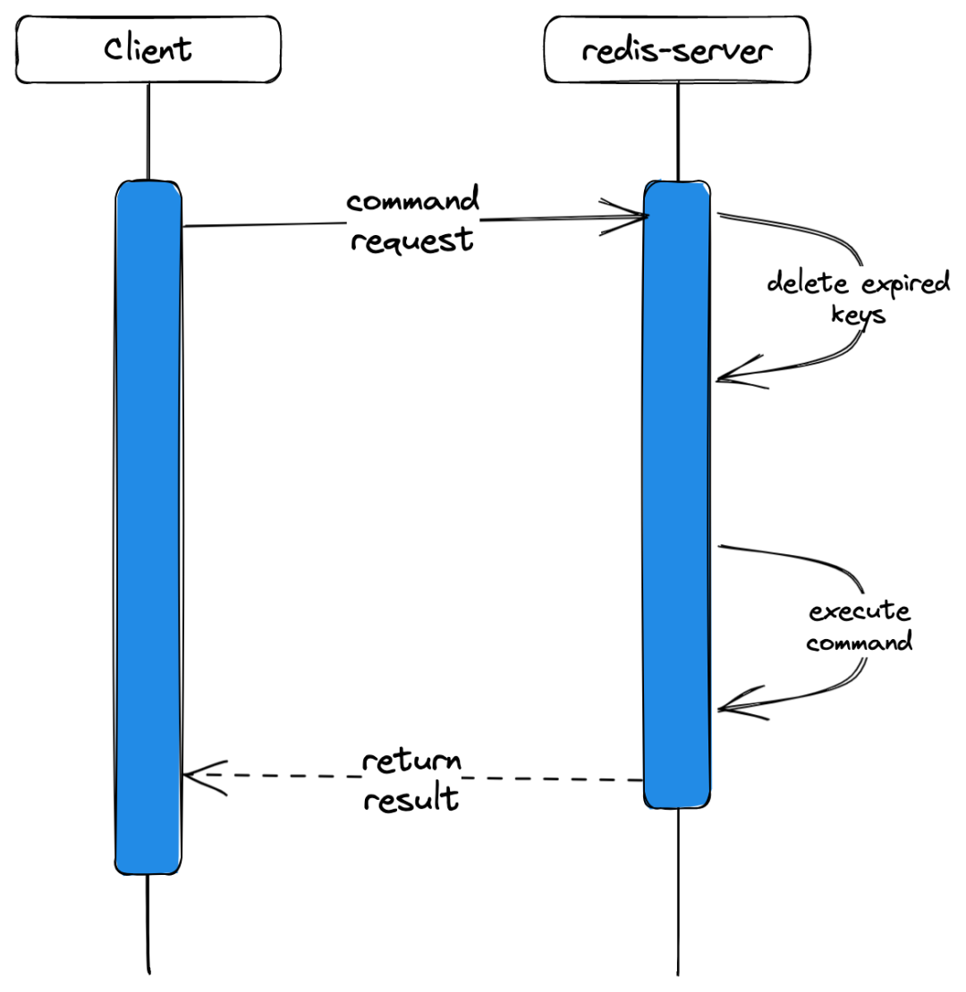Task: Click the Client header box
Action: (148, 49)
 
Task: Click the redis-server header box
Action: (677, 49)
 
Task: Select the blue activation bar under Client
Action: (148, 527)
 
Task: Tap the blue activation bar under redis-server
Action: (677, 494)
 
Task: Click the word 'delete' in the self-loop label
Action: (807, 282)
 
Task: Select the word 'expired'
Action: (906, 283)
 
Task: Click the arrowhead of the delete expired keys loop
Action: (719, 380)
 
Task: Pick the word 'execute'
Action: (860, 611)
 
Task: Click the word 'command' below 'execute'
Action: (859, 643)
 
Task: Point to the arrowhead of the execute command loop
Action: (720, 710)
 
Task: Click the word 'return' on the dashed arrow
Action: (411, 761)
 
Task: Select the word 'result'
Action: (411, 798)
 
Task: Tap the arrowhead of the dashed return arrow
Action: (185, 776)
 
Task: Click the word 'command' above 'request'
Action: (412, 200)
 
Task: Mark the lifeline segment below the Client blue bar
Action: (148, 924)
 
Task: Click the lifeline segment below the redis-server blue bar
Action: (678, 892)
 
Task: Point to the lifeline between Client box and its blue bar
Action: (148, 131)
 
